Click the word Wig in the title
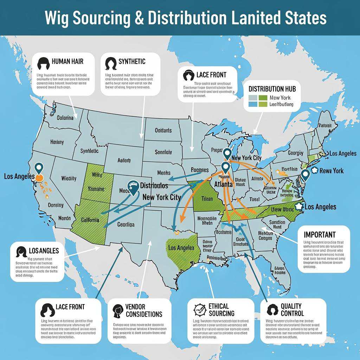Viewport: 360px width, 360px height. [58, 18]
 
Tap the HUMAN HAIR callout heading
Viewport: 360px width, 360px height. [67, 62]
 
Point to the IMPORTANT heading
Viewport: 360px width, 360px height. [320, 234]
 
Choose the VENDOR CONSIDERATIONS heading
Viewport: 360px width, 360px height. [144, 310]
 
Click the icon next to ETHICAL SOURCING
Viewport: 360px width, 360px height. [199, 309]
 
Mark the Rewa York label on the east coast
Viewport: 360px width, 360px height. [332, 171]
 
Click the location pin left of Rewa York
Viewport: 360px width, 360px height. [305, 174]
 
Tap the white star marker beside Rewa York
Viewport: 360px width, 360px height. [314, 171]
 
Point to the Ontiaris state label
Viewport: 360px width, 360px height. [163, 130]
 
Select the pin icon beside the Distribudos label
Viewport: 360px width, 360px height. [133, 187]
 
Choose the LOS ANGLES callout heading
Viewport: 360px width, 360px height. [44, 251]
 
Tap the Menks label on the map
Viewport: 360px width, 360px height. [163, 173]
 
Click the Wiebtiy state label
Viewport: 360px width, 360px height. [69, 178]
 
